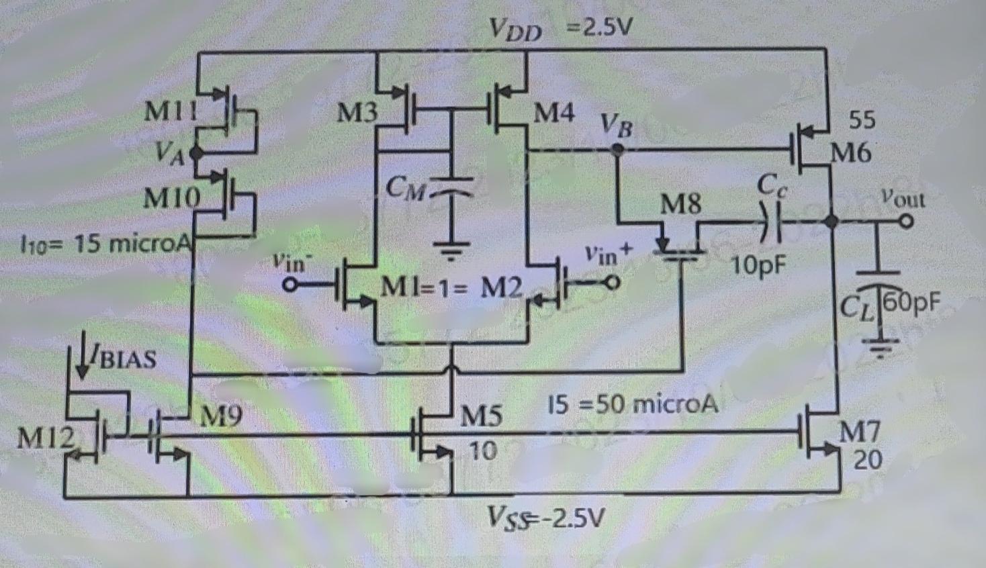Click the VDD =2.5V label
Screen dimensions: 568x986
tap(561, 28)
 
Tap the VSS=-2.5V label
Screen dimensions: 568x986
tap(545, 518)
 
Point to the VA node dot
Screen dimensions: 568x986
tap(196, 153)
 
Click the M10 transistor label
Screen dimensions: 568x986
tap(172, 198)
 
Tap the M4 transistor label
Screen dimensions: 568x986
tap(553, 113)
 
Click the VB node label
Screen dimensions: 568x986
tap(616, 125)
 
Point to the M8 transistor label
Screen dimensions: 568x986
tap(680, 203)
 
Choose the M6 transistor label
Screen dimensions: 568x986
tap(850, 154)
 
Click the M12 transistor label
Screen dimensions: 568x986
tap(46, 438)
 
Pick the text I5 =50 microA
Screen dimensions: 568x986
tap(633, 404)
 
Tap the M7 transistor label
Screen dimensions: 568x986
tap(859, 432)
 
